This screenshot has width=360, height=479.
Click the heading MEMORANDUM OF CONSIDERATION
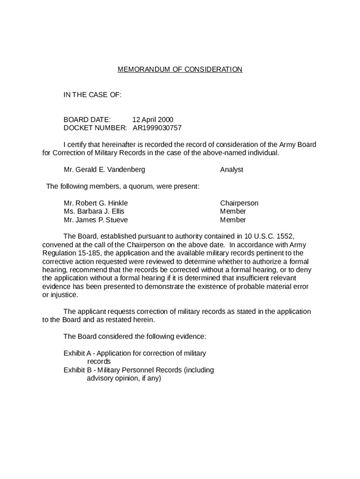pos(180,70)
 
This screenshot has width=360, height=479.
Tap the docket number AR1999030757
pos(157,128)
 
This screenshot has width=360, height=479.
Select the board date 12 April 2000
pos(152,119)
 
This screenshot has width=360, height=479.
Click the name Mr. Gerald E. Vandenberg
pos(104,170)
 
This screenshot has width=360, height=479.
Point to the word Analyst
pos(231,170)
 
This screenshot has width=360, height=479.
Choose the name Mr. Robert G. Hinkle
pos(96,203)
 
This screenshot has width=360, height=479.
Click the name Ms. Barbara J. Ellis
pos(94,211)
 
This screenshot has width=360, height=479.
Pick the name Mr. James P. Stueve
pos(96,220)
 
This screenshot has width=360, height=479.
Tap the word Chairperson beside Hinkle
pos(239,203)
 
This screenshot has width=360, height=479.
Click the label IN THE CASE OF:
pos(93,95)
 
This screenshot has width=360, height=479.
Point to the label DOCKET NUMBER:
pos(95,128)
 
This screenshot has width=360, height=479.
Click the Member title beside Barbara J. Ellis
pos(233,211)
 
